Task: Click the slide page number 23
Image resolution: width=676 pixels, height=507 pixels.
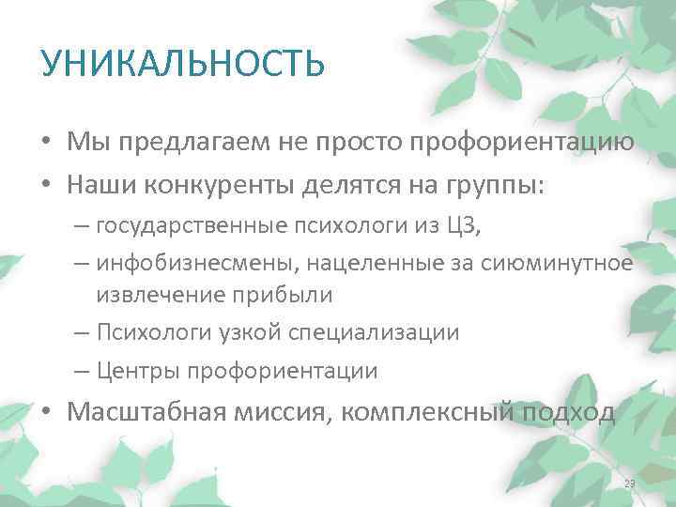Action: tap(630, 484)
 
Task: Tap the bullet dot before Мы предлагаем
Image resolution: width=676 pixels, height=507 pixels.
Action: tap(45, 144)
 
